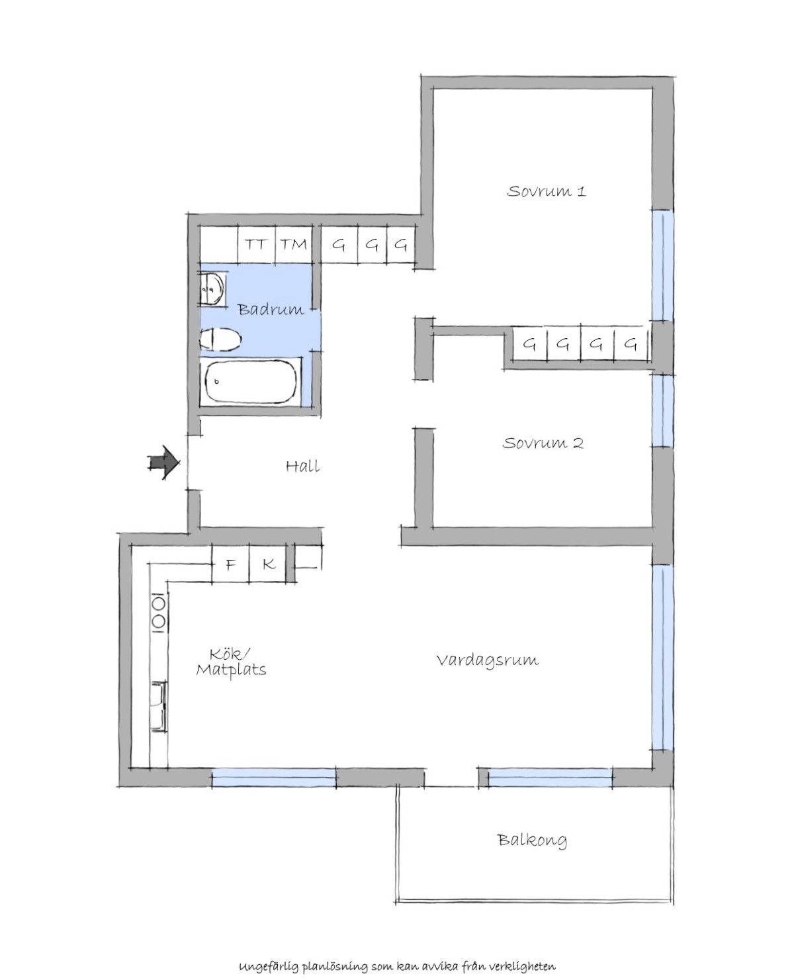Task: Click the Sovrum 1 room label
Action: point(546,191)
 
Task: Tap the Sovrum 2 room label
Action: point(543,443)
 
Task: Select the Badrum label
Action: point(271,309)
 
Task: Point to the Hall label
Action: point(302,467)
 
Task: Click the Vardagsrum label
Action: point(487,660)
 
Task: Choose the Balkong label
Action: point(532,840)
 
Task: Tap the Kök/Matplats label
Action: point(232,662)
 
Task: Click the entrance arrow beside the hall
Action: point(163,463)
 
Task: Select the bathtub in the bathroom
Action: point(251,382)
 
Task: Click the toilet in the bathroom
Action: point(220,339)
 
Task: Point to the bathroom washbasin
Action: point(212,289)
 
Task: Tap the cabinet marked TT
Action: point(256,244)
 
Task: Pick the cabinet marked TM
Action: point(294,244)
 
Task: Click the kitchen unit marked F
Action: point(230,564)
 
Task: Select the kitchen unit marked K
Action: point(267,564)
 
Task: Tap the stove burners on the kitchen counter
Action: point(159,613)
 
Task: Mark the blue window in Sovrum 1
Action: point(663,265)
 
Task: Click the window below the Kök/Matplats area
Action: point(274,777)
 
